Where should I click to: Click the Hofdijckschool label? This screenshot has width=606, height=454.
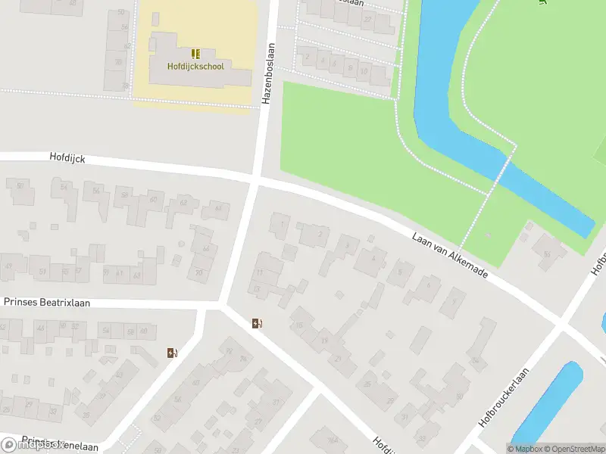point(196,66)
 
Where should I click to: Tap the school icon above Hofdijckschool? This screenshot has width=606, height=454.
point(196,53)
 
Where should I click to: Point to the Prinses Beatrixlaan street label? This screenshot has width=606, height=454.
point(47,302)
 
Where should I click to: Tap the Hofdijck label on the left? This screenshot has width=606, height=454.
point(67,159)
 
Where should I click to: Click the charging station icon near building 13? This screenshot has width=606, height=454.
point(258,324)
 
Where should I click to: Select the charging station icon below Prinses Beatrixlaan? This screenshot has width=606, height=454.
point(172,353)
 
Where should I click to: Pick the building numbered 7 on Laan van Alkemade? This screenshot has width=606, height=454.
point(453,303)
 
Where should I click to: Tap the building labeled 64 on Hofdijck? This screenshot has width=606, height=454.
point(218,209)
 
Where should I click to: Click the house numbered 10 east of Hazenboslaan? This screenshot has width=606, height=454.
point(363,72)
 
